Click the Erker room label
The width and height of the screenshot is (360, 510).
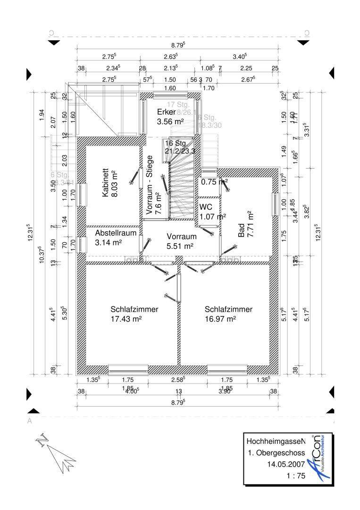[x=167, y=112]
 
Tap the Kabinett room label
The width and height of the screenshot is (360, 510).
[x=106, y=183]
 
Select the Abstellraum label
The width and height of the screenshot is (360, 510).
[x=116, y=233]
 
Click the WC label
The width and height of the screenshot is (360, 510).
[x=206, y=207]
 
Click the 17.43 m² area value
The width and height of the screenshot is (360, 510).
[x=126, y=319]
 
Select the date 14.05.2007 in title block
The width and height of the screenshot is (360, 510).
[x=286, y=465]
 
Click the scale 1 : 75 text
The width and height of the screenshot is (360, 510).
[x=296, y=476]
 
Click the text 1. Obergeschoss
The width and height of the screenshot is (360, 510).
[x=276, y=453]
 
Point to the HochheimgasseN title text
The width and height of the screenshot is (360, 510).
[x=276, y=441]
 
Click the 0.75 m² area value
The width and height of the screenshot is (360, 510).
[x=215, y=181]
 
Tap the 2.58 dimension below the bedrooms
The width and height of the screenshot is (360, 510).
[x=178, y=379]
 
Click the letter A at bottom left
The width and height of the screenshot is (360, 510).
[x=30, y=421]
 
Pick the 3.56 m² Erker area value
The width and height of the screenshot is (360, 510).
[x=170, y=121]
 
